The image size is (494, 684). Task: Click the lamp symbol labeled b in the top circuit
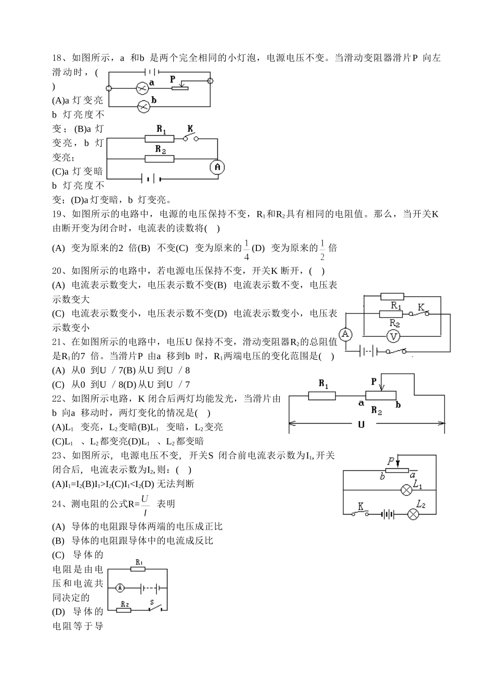coord(144,107)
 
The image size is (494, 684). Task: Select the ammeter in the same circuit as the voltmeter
coord(345,333)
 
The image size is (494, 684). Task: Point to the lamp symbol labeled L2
coord(413,514)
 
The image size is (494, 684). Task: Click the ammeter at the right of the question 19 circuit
coord(218,167)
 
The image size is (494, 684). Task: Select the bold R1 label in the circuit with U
coord(323,385)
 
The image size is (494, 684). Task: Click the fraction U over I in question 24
coord(145,505)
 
